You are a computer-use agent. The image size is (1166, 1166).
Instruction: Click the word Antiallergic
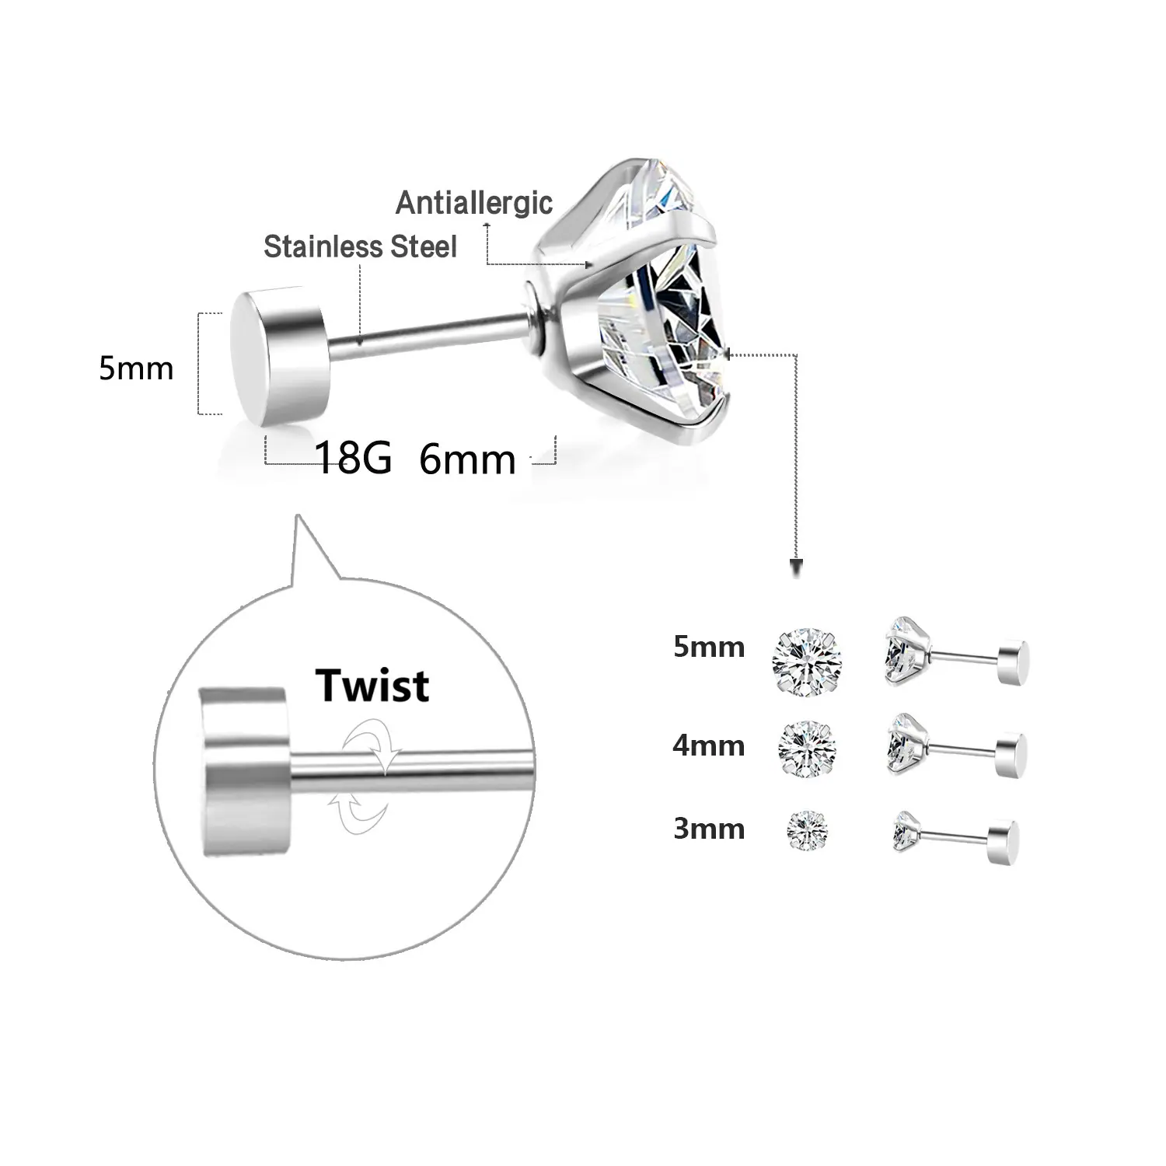click(x=474, y=203)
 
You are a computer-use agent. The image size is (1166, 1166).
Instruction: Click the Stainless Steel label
click(x=360, y=246)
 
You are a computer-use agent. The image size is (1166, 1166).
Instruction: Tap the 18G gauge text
click(x=353, y=458)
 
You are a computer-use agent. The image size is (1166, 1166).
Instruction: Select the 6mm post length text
click(x=467, y=459)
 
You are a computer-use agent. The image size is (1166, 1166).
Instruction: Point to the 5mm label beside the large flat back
click(x=136, y=368)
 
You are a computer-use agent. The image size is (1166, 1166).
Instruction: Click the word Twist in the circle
click(x=372, y=685)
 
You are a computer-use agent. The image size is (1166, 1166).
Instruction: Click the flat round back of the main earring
click(x=278, y=358)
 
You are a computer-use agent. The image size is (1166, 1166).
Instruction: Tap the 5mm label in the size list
click(x=709, y=647)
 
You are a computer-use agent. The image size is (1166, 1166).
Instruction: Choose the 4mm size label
click(x=709, y=745)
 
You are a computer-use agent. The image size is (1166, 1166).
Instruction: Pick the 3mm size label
click(x=709, y=829)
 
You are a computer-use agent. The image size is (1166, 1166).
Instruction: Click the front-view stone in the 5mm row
click(x=808, y=662)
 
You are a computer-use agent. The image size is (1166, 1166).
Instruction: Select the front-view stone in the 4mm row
click(x=808, y=749)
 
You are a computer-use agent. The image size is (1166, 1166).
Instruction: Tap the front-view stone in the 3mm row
click(x=808, y=829)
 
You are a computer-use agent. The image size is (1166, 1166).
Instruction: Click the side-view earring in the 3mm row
click(x=955, y=836)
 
